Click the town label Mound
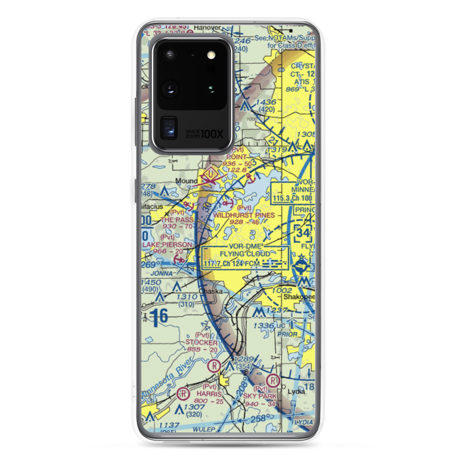[186, 181]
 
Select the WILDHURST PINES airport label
[244, 215]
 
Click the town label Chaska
[211, 291]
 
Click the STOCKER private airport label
[202, 342]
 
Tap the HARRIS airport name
[209, 394]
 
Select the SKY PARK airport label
[261, 396]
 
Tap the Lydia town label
[296, 391]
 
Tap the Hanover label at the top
[205, 28]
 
